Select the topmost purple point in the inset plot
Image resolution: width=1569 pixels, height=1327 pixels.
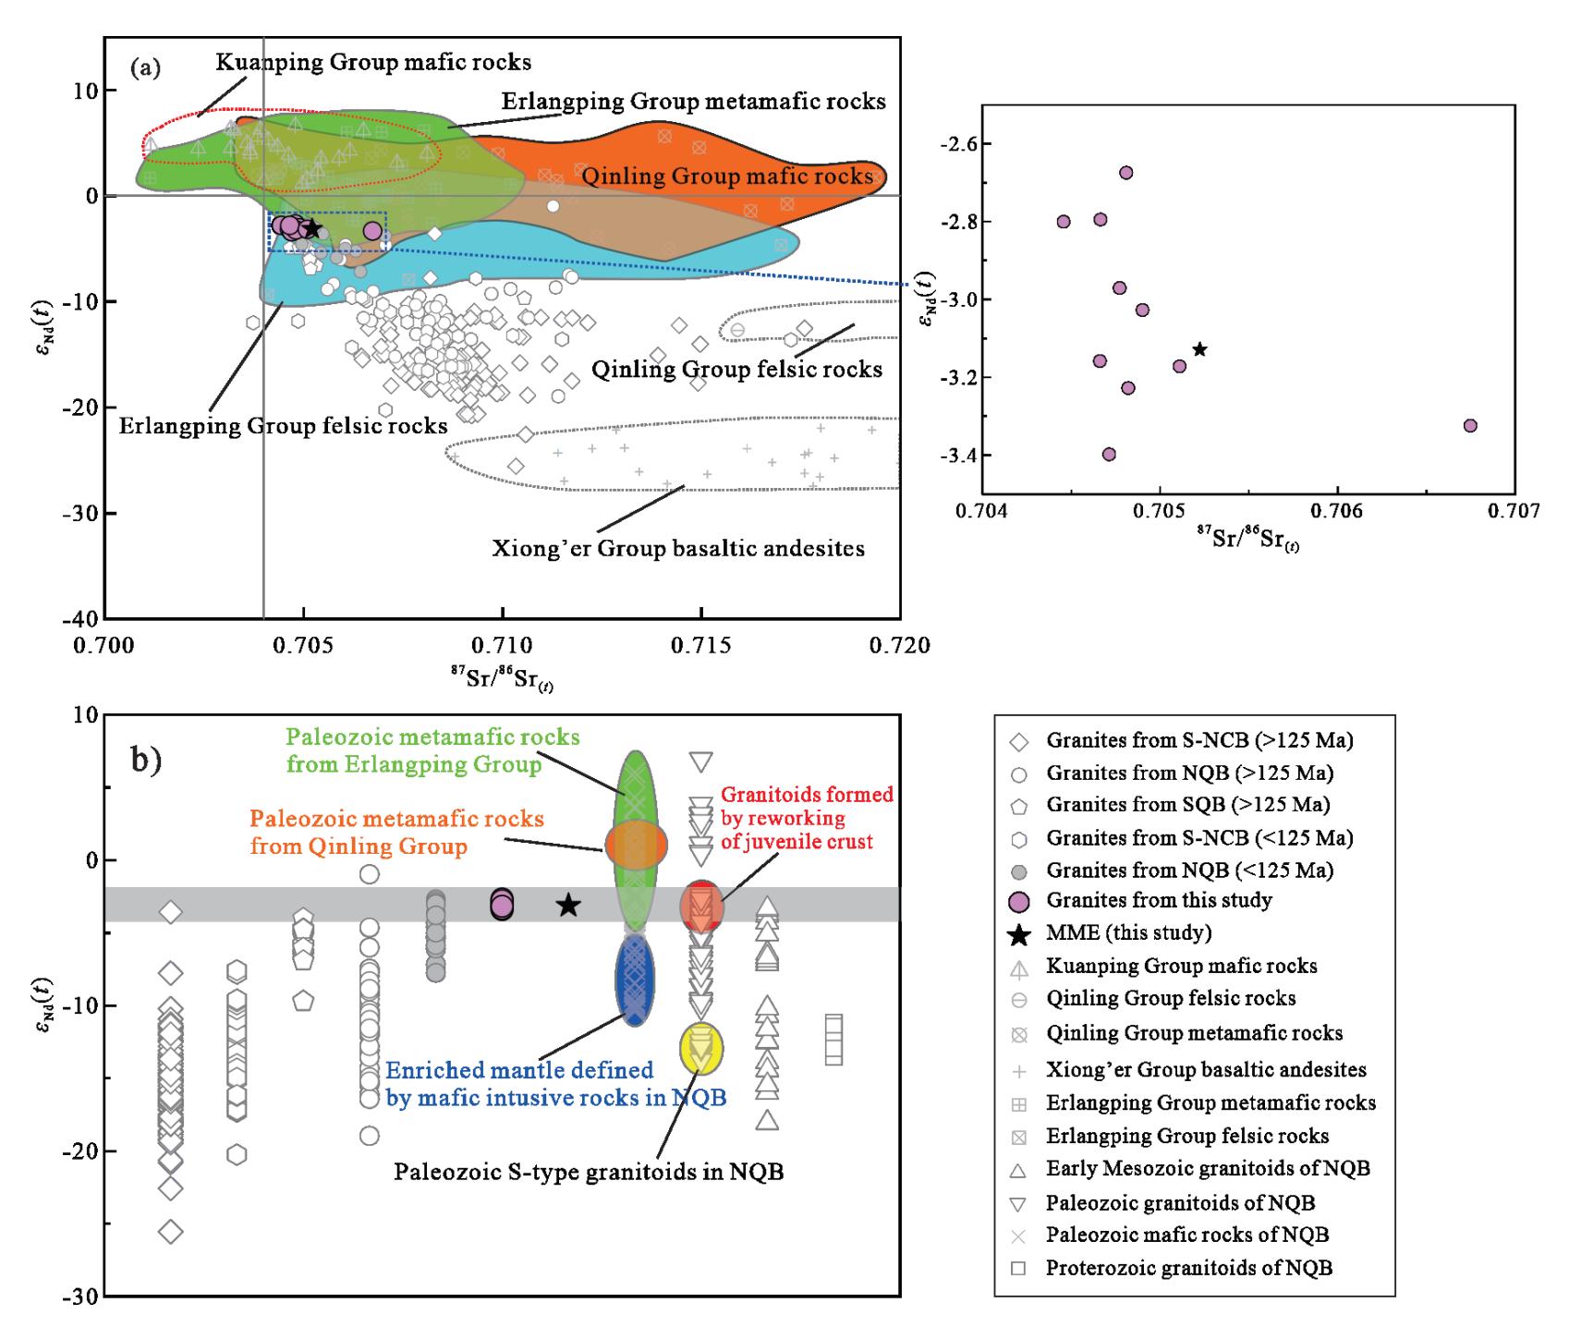coord(1125,173)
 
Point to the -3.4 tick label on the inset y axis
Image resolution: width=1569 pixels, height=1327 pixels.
coord(947,456)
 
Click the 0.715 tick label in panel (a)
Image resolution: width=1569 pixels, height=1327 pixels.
coord(701,644)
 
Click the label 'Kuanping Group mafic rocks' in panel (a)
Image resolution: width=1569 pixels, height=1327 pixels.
coord(373,63)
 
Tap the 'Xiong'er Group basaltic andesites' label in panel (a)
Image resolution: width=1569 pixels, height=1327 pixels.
coord(678,549)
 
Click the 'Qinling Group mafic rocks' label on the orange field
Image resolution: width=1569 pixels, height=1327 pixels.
coord(727,176)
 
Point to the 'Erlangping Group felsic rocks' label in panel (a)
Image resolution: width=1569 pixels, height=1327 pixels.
coord(283,425)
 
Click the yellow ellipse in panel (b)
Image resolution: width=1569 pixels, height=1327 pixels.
coord(701,1049)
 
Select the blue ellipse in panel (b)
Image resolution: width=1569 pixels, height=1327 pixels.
coord(636,980)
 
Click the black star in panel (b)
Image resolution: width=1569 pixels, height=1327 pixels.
coord(568,906)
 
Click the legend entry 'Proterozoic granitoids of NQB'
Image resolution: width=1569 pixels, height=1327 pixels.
coord(1188,1268)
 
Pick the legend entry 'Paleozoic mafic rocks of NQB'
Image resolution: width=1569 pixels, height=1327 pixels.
coord(1186,1236)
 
